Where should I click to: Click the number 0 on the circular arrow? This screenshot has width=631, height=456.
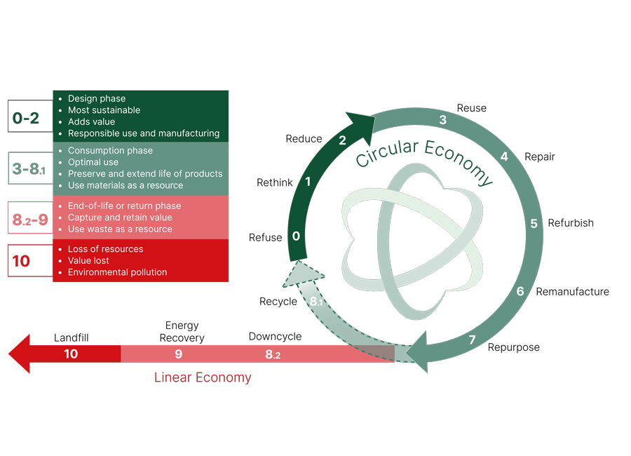coord(296,236)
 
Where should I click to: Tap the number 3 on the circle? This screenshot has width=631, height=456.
coord(443,120)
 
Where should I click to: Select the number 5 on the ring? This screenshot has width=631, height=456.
coord(534,224)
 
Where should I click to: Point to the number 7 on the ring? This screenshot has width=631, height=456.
coord(472,340)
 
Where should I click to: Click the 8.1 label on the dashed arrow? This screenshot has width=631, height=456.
coord(316,302)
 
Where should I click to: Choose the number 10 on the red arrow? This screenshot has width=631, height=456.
coord(71,354)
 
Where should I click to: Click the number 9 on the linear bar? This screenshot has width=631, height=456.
coord(178,354)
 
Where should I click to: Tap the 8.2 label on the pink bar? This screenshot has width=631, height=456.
coord(272,355)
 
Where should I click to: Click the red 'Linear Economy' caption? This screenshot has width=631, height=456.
coord(203,377)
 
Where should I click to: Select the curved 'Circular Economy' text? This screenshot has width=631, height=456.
coord(423,159)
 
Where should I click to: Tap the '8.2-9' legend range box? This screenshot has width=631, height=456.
coord(29,220)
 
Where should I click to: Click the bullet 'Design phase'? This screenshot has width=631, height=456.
coord(97,99)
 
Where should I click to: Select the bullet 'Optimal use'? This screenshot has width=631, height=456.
coord(93,162)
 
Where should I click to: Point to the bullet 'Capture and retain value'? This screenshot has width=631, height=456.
coord(120,217)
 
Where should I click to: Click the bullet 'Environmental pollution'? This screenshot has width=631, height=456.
coord(117,272)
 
